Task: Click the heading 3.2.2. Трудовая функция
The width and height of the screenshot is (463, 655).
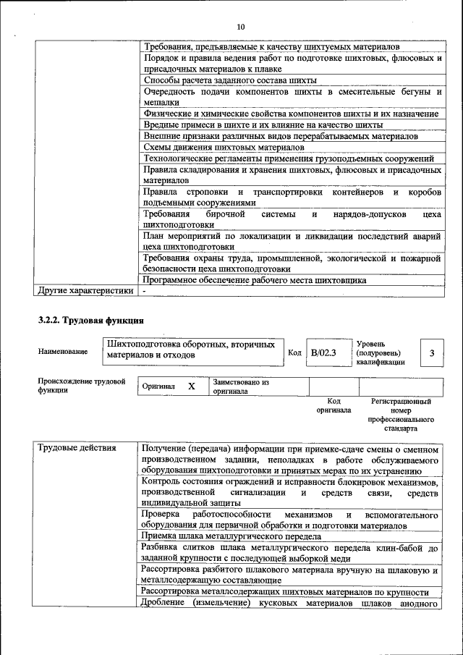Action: [91, 319]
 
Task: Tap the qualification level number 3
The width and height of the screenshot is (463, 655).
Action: [431, 352]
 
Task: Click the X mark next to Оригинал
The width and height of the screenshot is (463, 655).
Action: [192, 386]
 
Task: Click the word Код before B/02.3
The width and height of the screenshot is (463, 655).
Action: [294, 352]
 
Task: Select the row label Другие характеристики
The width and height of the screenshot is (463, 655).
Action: [85, 291]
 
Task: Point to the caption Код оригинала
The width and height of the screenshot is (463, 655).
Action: [334, 405]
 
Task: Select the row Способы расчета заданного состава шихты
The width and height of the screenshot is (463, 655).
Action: [230, 80]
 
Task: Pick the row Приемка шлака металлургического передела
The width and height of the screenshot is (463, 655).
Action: [231, 536]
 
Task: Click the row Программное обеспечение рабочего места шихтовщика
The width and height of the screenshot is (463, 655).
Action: [255, 279]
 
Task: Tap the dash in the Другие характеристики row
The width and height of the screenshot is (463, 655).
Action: [145, 291]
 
